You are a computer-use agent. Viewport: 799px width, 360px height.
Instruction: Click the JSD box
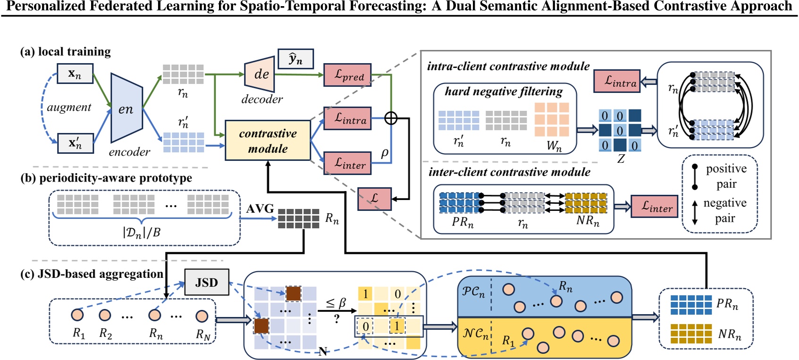(x=206, y=282)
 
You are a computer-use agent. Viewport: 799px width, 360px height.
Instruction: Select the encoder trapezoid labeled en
(x=126, y=108)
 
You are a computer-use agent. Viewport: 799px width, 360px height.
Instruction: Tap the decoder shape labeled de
(x=260, y=74)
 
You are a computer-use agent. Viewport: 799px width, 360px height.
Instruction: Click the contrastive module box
(x=268, y=141)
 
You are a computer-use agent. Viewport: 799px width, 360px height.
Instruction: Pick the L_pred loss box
(x=347, y=75)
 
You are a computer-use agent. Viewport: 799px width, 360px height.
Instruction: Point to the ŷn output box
(x=295, y=59)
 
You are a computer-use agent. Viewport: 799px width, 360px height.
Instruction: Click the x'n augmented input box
(x=75, y=143)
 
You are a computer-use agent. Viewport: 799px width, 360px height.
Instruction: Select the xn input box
(x=75, y=74)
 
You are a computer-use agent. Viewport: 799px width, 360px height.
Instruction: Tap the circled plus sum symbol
(x=391, y=118)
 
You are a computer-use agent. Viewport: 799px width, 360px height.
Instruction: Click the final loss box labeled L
(x=374, y=198)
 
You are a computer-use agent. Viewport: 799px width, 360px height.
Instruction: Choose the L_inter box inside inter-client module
(x=654, y=207)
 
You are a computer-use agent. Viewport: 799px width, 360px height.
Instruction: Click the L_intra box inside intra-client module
(x=617, y=81)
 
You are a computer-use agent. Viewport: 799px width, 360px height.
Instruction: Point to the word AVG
(x=260, y=208)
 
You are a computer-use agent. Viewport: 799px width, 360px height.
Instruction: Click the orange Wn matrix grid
(x=552, y=120)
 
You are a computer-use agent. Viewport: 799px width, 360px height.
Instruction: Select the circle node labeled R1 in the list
(x=77, y=315)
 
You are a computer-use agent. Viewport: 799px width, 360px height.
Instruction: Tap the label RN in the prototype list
(x=203, y=335)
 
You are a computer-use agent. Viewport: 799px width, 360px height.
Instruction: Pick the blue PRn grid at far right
(x=691, y=305)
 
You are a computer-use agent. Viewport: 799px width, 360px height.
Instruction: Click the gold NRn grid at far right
(x=691, y=334)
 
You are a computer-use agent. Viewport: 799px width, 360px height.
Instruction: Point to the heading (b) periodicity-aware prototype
(x=106, y=178)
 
